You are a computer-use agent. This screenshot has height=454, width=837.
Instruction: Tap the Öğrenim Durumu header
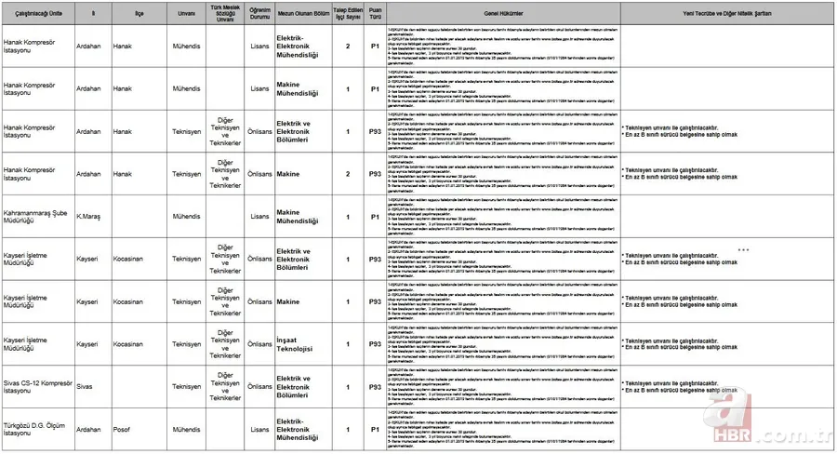[x=260, y=16]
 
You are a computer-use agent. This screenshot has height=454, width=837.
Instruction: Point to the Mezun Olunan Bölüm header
[x=304, y=16]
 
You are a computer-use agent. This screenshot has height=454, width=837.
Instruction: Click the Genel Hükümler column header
[x=503, y=16]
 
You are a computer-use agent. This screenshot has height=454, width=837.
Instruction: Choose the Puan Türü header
[x=375, y=16]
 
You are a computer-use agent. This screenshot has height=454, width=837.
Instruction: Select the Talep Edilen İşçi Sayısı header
[x=348, y=16]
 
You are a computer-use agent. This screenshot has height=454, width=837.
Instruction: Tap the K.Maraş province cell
[x=90, y=216]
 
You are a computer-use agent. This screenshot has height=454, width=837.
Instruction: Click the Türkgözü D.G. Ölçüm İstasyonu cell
[x=35, y=430]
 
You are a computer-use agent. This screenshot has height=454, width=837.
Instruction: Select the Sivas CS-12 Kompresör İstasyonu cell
[x=37, y=387]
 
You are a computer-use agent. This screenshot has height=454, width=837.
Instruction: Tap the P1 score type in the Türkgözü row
[x=375, y=430]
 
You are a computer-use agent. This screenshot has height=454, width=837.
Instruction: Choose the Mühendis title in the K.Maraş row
[x=186, y=216]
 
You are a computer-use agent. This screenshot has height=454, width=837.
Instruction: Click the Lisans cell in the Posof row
[x=260, y=430]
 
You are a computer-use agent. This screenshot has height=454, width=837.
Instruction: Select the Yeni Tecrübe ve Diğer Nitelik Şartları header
[x=727, y=16]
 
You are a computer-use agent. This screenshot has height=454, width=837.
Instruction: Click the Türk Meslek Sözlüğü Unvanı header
[x=225, y=16]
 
